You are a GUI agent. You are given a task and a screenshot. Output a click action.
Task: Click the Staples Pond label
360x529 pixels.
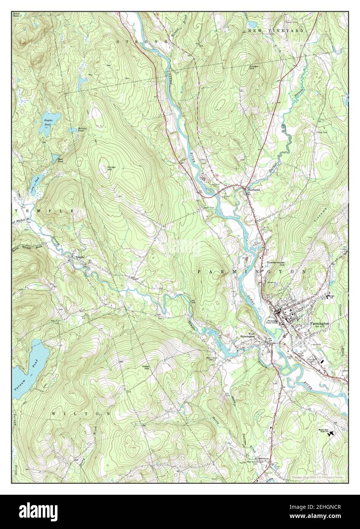48,122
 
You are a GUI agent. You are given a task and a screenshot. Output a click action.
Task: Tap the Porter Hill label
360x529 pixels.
112,169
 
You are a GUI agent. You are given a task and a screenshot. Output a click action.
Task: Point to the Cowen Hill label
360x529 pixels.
254,67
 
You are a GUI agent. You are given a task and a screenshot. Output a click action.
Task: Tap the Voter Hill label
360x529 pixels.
145,368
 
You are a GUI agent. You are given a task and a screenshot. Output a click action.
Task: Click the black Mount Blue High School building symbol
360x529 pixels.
332,433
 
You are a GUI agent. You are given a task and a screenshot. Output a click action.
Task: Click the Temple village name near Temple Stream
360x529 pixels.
79,258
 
